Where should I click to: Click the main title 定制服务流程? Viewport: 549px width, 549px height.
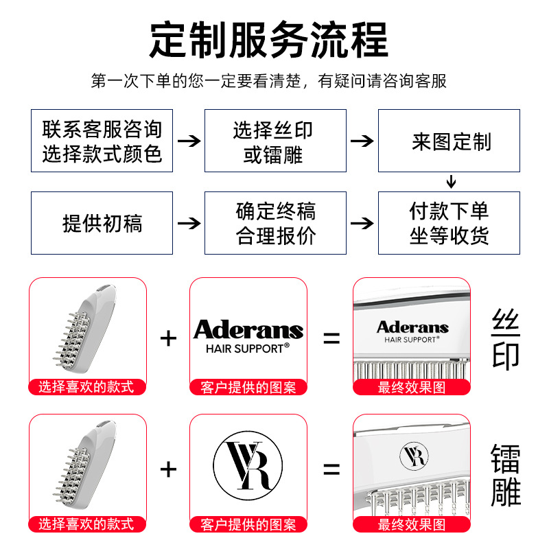click(269, 39)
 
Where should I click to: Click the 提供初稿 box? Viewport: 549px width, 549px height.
click(102, 223)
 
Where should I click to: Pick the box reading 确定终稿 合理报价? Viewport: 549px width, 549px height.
click(275, 223)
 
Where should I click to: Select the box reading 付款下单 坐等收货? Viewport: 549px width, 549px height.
click(449, 223)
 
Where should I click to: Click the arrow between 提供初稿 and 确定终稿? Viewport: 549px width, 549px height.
click(189, 223)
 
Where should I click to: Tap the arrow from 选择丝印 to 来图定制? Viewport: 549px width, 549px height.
click(362, 141)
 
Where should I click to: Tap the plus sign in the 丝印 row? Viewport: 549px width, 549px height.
click(168, 338)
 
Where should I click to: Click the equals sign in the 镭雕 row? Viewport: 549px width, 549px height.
click(331, 469)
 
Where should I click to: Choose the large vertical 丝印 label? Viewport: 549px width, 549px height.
click(506, 338)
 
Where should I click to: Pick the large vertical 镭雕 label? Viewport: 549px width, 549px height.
click(506, 474)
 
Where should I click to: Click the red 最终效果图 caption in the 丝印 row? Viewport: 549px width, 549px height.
click(411, 388)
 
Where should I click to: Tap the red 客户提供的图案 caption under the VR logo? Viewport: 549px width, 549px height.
click(248, 525)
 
